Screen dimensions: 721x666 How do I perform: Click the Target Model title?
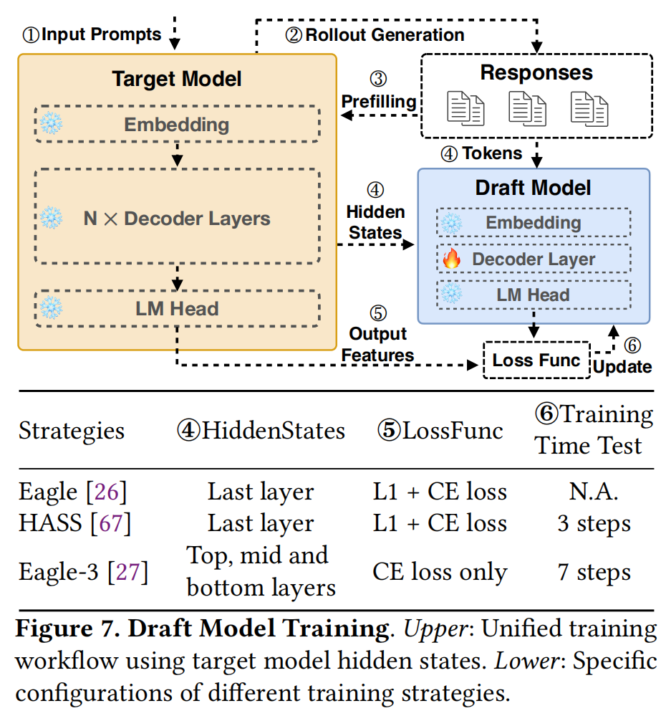coord(177,79)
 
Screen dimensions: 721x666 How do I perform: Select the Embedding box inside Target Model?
coord(177,125)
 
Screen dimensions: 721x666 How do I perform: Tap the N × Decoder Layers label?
coord(177,218)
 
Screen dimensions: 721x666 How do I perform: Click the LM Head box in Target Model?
coord(177,309)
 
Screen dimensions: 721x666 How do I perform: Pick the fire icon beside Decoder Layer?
coord(451,259)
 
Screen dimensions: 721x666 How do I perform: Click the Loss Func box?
coord(536,360)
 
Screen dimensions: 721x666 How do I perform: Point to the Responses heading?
coord(536,73)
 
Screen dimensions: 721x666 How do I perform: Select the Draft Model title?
coord(534,188)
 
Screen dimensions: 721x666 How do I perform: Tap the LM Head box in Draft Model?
coord(534,295)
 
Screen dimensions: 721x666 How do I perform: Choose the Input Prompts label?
coord(100,34)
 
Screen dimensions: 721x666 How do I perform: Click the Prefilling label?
coord(378,102)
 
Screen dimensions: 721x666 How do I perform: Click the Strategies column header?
coord(72,431)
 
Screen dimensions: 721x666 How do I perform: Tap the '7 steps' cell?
coord(594,572)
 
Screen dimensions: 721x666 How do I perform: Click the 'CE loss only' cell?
coord(440,572)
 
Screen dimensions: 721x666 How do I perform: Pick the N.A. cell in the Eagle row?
coord(594,492)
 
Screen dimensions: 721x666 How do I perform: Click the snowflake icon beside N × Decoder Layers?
coord(52,218)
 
